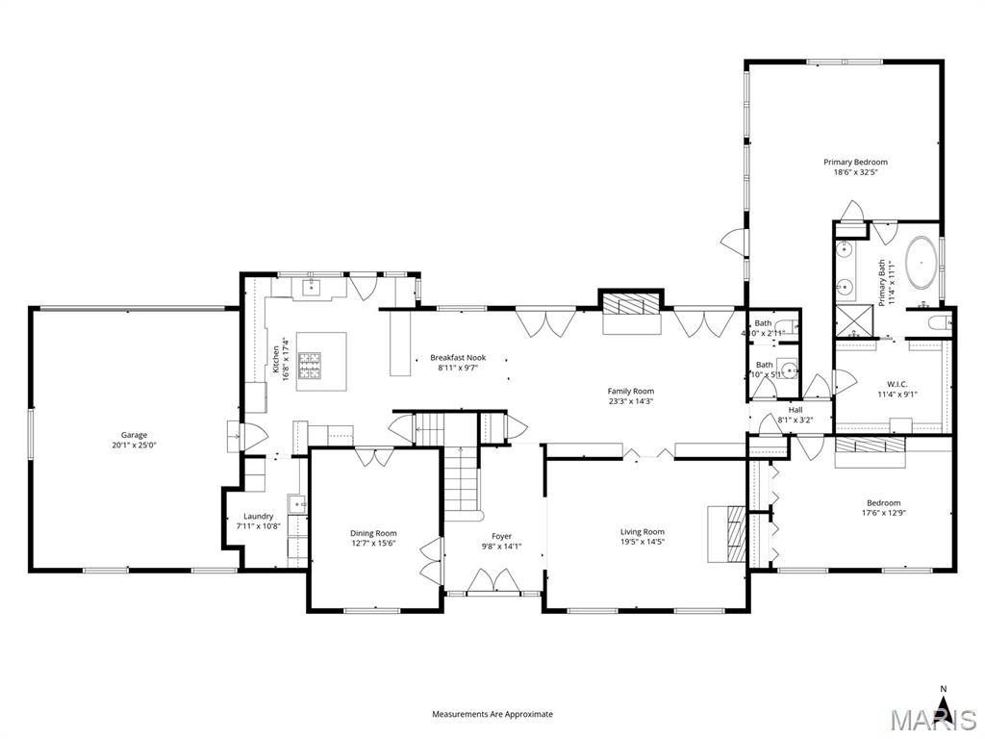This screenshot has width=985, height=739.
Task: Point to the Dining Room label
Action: pyautogui.click(x=373, y=533)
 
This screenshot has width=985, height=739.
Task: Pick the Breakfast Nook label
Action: pyautogui.click(x=458, y=357)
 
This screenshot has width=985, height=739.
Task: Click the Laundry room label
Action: pyautogui.click(x=258, y=516)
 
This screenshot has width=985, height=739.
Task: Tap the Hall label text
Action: pyautogui.click(x=796, y=409)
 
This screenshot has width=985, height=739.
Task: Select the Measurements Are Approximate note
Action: pyautogui.click(x=492, y=714)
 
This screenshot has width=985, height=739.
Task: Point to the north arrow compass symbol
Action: pyautogui.click(x=944, y=707)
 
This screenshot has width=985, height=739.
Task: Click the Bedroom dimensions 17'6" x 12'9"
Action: pyautogui.click(x=883, y=513)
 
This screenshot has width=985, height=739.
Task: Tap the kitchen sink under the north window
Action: pyautogui.click(x=312, y=287)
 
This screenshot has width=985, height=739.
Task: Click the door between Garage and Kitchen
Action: pyautogui.click(x=237, y=436)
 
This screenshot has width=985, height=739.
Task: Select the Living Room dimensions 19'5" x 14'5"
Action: pyautogui.click(x=642, y=542)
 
